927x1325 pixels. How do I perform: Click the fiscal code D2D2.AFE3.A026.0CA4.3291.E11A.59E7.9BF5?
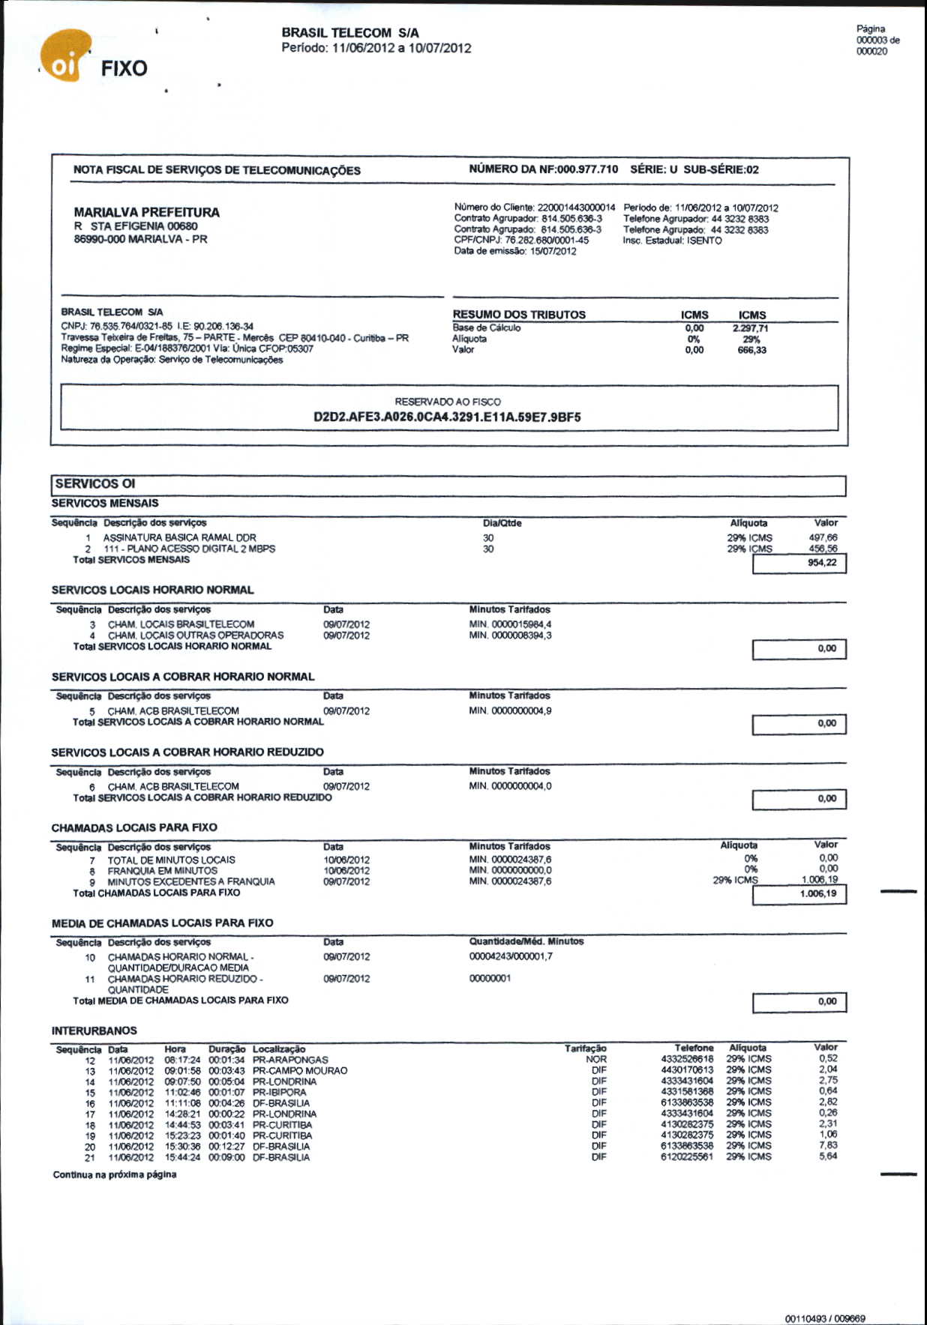447,417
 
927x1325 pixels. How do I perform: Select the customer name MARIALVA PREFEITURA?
146,212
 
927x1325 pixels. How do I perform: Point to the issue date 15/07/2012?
553,251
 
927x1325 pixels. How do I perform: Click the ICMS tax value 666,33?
751,350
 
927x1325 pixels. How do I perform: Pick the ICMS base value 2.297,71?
750,328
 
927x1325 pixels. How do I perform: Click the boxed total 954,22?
822,563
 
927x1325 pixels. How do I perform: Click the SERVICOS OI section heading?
95,484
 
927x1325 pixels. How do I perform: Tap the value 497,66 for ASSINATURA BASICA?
823,537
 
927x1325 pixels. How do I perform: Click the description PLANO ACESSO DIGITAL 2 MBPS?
189,549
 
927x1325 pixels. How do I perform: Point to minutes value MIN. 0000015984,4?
510,624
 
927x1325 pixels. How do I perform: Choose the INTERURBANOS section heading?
94,1030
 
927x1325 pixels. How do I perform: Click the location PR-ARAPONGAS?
290,1060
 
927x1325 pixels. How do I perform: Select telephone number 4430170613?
687,1070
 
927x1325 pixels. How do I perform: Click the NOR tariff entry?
596,1060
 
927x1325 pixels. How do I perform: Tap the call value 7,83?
828,1145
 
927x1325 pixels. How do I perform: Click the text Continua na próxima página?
114,1174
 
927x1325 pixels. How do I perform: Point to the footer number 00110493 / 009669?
825,1318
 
